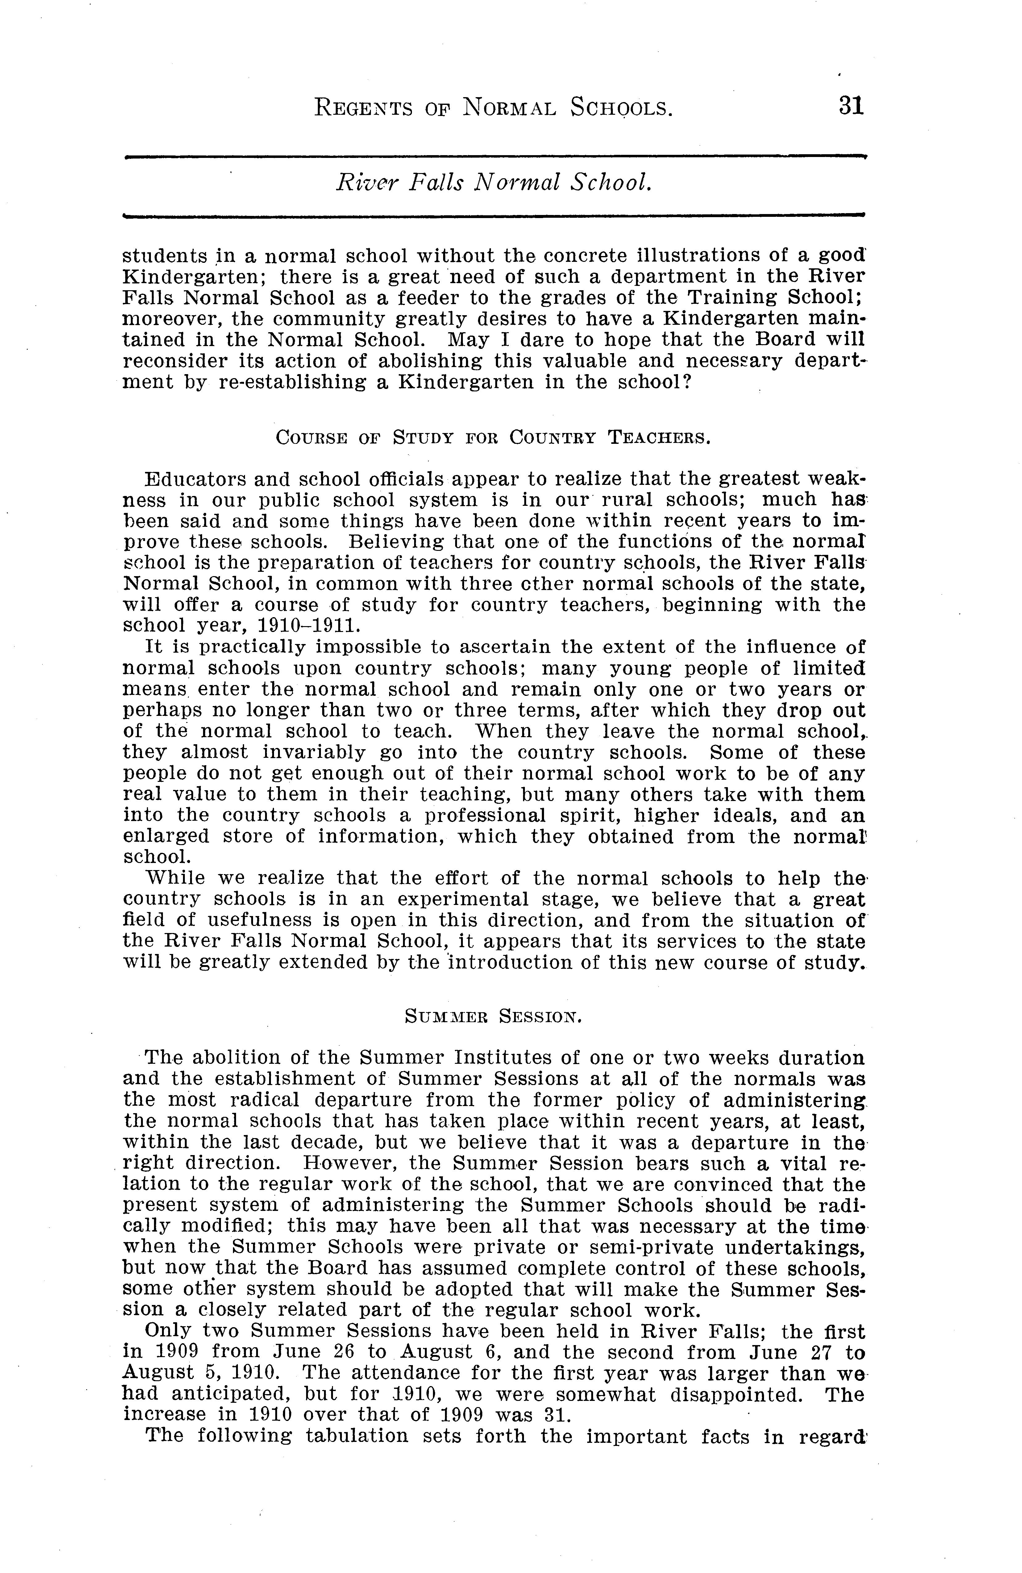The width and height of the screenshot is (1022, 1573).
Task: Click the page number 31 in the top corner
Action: pos(851,106)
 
